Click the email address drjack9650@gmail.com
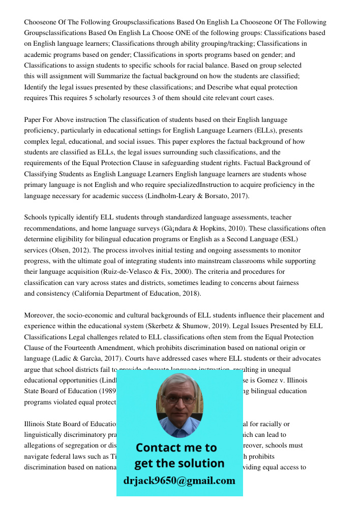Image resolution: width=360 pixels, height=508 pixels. pyautogui.click(x=179, y=480)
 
